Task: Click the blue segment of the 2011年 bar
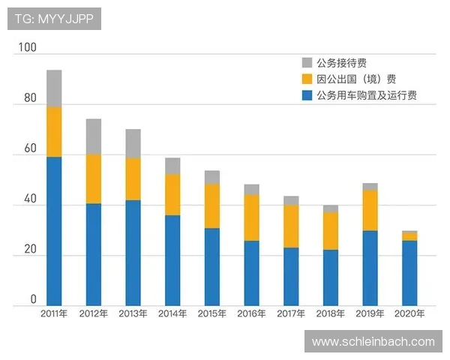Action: pyautogui.click(x=54, y=231)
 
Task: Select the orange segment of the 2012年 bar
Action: pyautogui.click(x=93, y=179)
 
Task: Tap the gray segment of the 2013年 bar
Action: pyautogui.click(x=133, y=143)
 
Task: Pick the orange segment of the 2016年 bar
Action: pyautogui.click(x=251, y=217)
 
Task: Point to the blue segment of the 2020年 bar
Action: pyautogui.click(x=409, y=273)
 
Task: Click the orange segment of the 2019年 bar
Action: pyautogui.click(x=369, y=210)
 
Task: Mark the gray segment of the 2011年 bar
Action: pyautogui.click(x=54, y=88)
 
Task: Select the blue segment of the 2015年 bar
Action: pyautogui.click(x=211, y=267)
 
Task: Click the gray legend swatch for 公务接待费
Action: pyautogui.click(x=307, y=63)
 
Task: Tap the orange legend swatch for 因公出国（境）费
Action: pyautogui.click(x=307, y=79)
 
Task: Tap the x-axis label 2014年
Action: pyautogui.click(x=172, y=313)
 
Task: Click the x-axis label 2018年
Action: pyautogui.click(x=330, y=313)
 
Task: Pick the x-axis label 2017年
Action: pyautogui.click(x=290, y=313)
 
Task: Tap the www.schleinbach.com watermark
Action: pyautogui.click(x=373, y=342)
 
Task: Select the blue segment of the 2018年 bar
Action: pyautogui.click(x=330, y=277)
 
